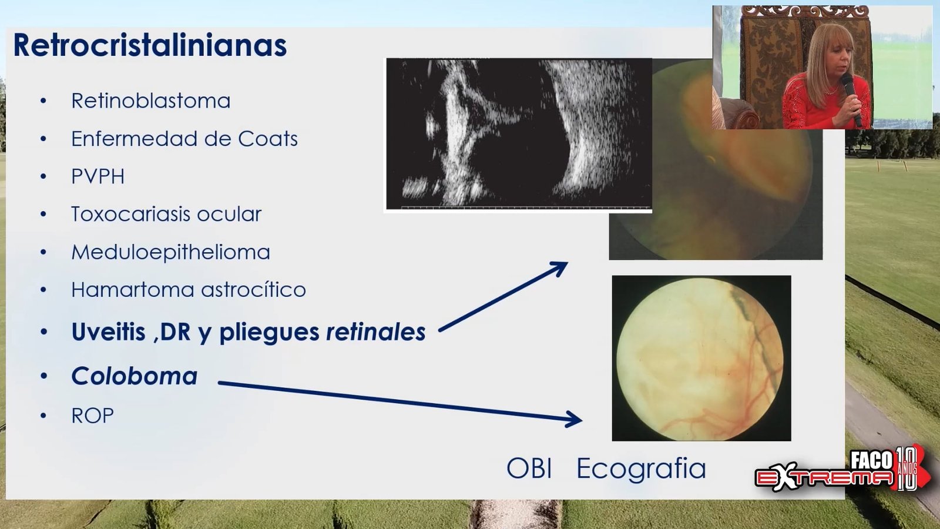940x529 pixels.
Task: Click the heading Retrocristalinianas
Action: tap(150, 45)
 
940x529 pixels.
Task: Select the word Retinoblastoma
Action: tap(150, 101)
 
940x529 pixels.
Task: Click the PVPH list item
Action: tap(98, 176)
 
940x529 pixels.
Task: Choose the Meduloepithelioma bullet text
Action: tap(171, 252)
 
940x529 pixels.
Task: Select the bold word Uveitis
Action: tap(108, 332)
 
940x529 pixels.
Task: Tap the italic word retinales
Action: tap(375, 332)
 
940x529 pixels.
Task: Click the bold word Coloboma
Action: tap(135, 376)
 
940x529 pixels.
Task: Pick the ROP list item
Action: tap(92, 416)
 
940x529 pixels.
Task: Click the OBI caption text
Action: tap(529, 468)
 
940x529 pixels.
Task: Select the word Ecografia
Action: tap(641, 468)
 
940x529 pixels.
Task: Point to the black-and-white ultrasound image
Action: tap(519, 133)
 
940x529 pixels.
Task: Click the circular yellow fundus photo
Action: tap(700, 358)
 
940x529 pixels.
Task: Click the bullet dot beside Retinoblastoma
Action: tap(43, 101)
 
